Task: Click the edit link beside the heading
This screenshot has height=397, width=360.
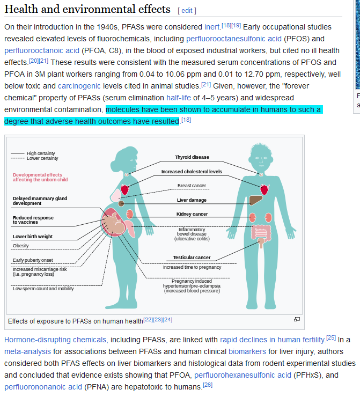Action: [x=187, y=10]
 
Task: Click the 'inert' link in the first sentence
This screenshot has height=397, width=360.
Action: [x=212, y=27]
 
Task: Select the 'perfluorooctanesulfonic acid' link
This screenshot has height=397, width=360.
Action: [x=233, y=39]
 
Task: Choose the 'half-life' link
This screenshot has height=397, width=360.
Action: [x=180, y=98]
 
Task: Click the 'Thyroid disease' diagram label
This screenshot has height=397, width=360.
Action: [x=192, y=157]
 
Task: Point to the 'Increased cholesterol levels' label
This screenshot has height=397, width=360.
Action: [x=192, y=172]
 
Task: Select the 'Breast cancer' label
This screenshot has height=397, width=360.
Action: [x=192, y=186]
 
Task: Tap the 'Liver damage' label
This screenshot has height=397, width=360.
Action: [x=192, y=200]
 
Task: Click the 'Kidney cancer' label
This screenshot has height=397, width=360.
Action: [x=192, y=214]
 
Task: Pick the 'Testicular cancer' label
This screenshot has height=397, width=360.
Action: [x=192, y=258]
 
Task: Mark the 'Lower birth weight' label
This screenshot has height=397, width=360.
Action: [x=33, y=236]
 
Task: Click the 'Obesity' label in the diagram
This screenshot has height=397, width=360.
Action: [x=21, y=246]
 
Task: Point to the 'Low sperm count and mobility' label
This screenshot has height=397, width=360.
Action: [x=43, y=288]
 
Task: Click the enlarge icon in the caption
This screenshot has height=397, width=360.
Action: [x=297, y=320]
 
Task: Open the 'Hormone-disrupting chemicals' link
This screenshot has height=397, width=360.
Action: [x=55, y=340]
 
